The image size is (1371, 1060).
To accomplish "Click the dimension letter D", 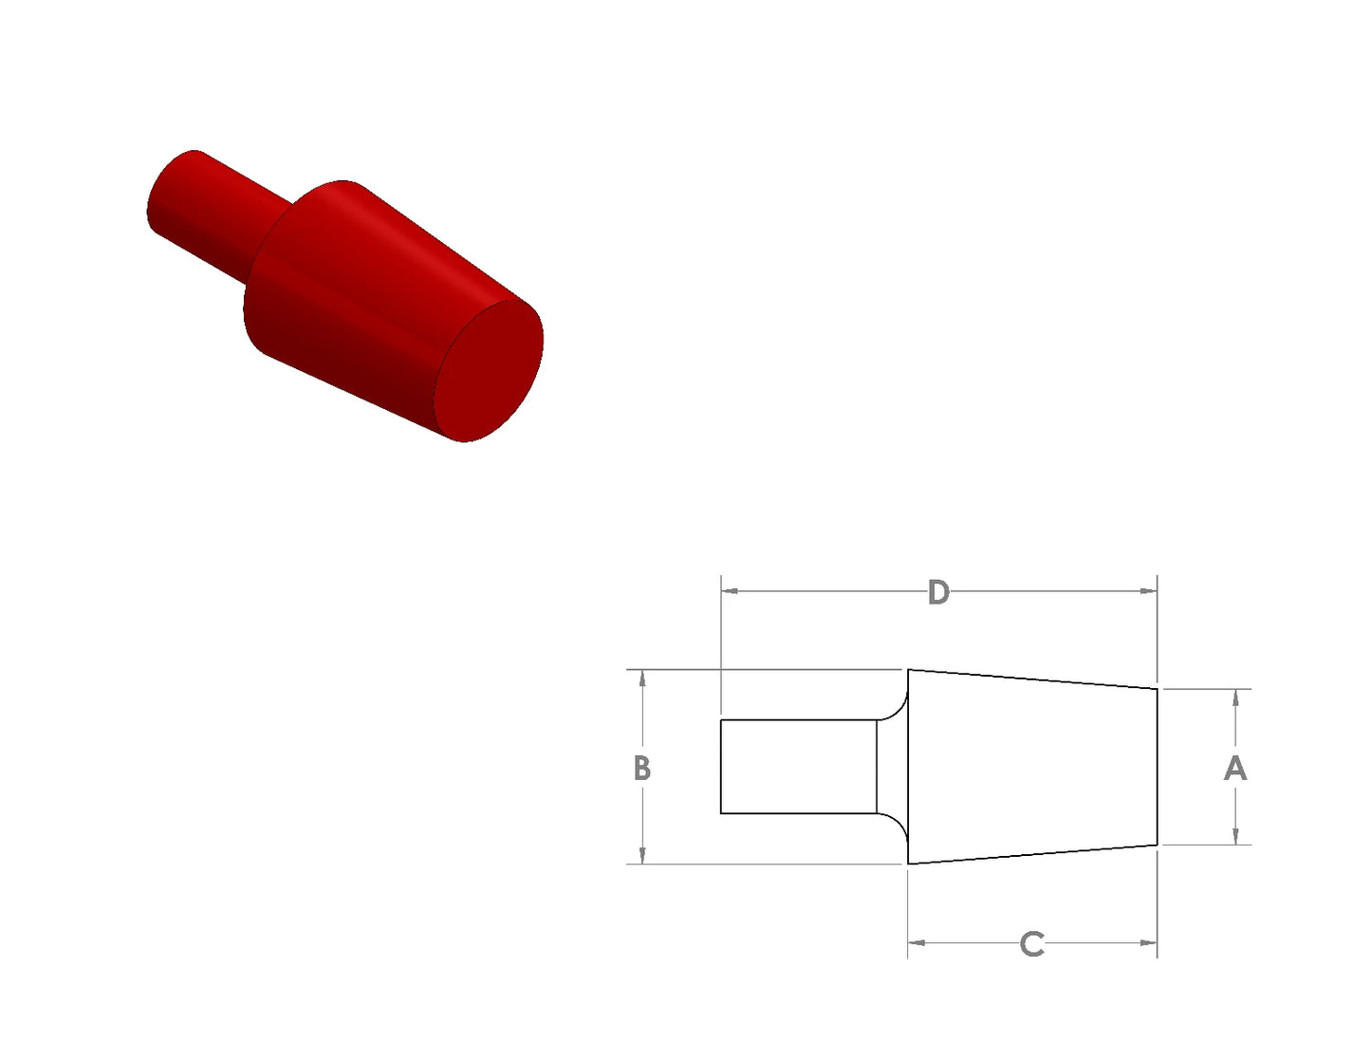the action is [x=938, y=592].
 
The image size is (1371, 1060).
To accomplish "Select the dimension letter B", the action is [x=641, y=769].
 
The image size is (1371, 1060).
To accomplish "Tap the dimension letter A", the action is [x=1234, y=769].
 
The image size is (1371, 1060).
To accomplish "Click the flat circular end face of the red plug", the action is [x=489, y=370].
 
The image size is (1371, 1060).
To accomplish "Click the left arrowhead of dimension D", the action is [x=730, y=591].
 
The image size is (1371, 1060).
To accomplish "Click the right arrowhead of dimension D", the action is [x=1148, y=591].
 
